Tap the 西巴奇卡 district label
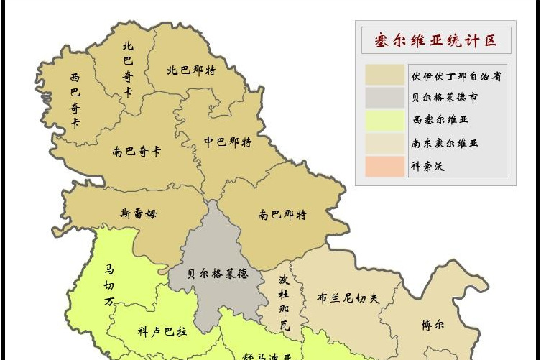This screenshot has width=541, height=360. (75, 98)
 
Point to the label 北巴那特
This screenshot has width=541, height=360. (191, 70)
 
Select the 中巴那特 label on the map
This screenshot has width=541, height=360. (228, 142)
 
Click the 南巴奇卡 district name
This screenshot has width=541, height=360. (137, 152)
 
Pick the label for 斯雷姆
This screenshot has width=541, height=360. (139, 213)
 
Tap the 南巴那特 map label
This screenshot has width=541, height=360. (282, 215)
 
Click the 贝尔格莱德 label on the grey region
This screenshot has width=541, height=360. (218, 274)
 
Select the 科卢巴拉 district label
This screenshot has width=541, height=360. (162, 332)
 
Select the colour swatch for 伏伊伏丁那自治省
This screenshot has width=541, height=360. (384, 75)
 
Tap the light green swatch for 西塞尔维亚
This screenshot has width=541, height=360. (384, 120)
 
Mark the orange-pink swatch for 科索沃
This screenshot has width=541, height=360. (384, 166)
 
